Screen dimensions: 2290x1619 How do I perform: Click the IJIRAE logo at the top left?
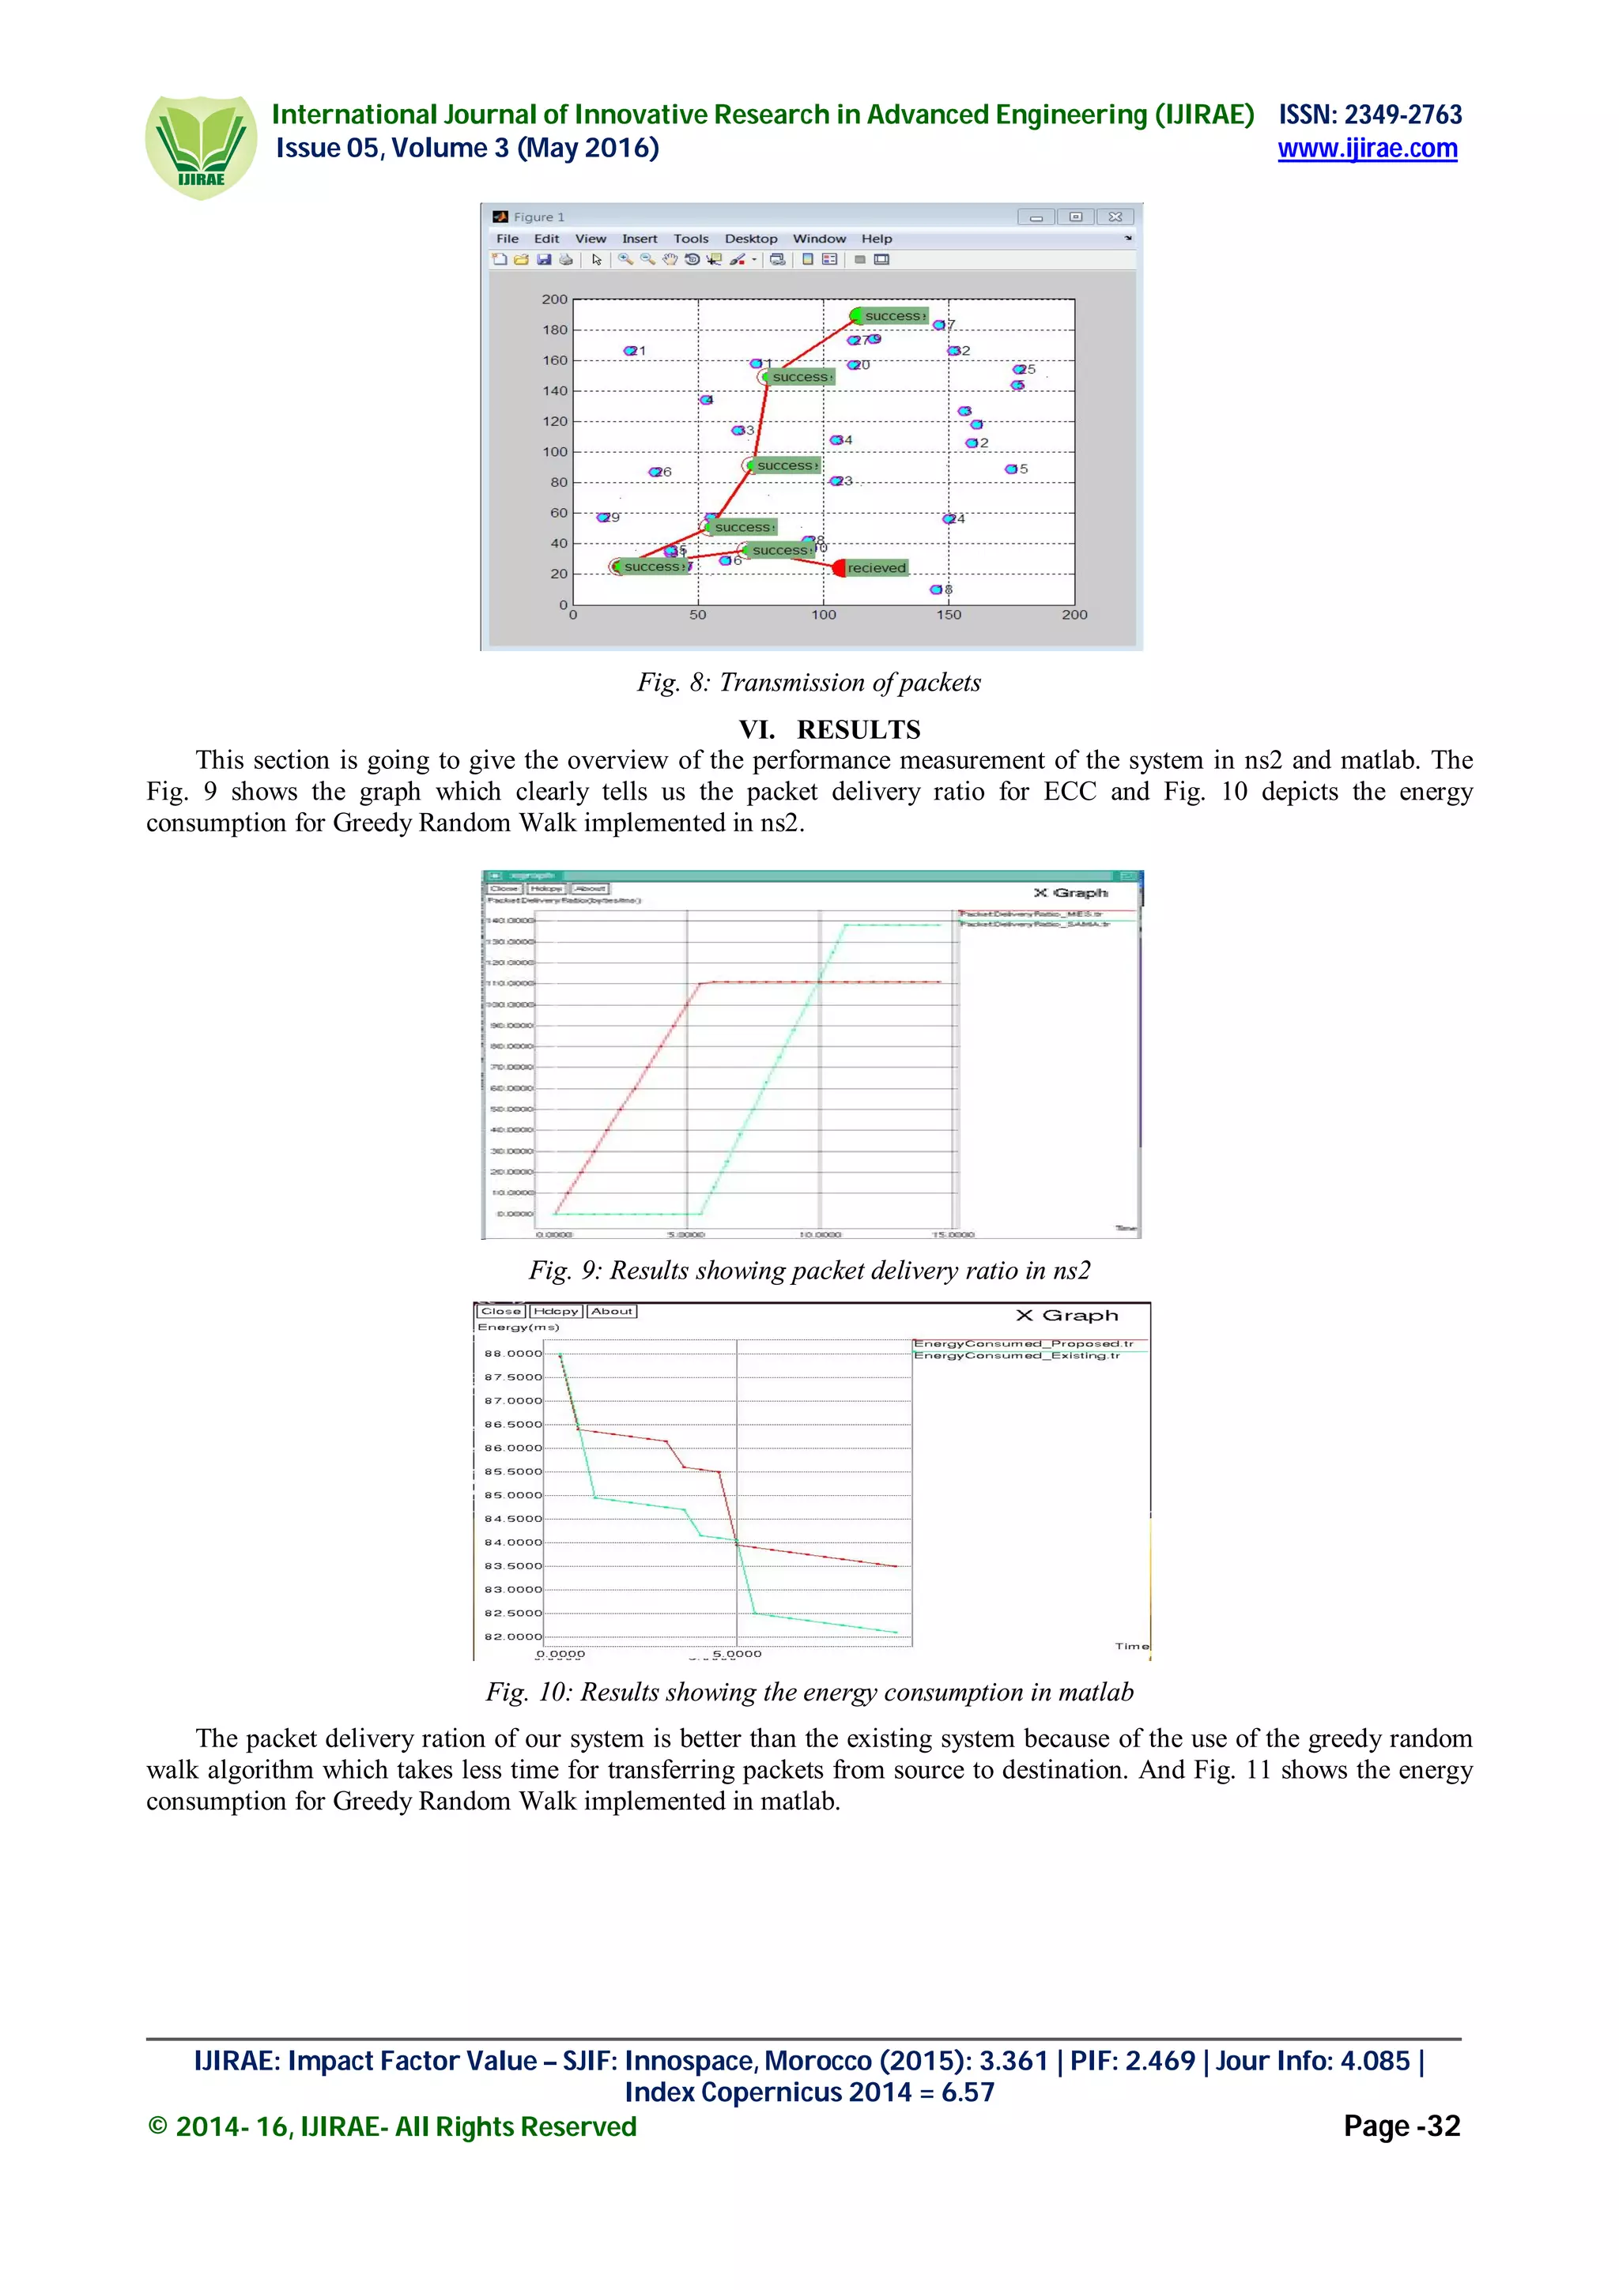pyautogui.click(x=201, y=147)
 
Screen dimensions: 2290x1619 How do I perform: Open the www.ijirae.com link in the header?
pyautogui.click(x=1367, y=149)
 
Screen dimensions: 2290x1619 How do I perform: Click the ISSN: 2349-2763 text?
pyautogui.click(x=1370, y=115)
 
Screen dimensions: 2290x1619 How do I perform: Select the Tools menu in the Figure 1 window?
pyautogui.click(x=690, y=239)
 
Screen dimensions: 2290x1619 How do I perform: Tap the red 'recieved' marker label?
pyautogui.click(x=876, y=567)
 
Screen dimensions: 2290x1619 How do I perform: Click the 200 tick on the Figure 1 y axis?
pyautogui.click(x=555, y=299)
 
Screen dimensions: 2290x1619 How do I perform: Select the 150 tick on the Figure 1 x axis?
pyautogui.click(x=948, y=615)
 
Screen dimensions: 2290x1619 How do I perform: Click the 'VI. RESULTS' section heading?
pyautogui.click(x=829, y=729)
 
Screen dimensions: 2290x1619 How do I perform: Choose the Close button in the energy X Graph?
pyautogui.click(x=500, y=1311)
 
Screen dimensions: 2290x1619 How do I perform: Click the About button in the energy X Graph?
pyautogui.click(x=612, y=1311)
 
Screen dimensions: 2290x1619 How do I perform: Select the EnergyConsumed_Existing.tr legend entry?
pyautogui.click(x=1017, y=1355)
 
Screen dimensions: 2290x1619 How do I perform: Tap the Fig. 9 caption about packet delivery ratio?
pyautogui.click(x=809, y=1270)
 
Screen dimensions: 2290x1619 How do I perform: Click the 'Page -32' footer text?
pyautogui.click(x=1401, y=2126)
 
